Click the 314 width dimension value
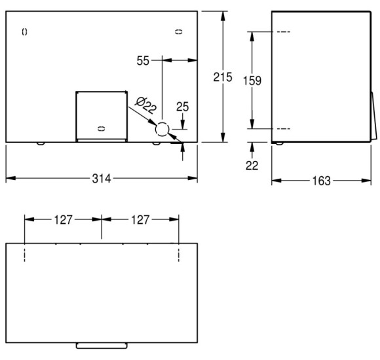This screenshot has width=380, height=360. (102, 179)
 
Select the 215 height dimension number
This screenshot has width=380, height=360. (223, 77)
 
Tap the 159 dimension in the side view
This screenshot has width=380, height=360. (252, 81)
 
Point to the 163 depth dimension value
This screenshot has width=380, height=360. (321, 181)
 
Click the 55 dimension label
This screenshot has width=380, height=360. (143, 60)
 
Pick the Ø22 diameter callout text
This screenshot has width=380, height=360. (145, 105)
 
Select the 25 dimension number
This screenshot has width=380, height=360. (183, 107)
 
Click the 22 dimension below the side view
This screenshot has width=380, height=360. (252, 166)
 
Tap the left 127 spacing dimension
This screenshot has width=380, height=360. (63, 220)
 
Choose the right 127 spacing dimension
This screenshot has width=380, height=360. (140, 220)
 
